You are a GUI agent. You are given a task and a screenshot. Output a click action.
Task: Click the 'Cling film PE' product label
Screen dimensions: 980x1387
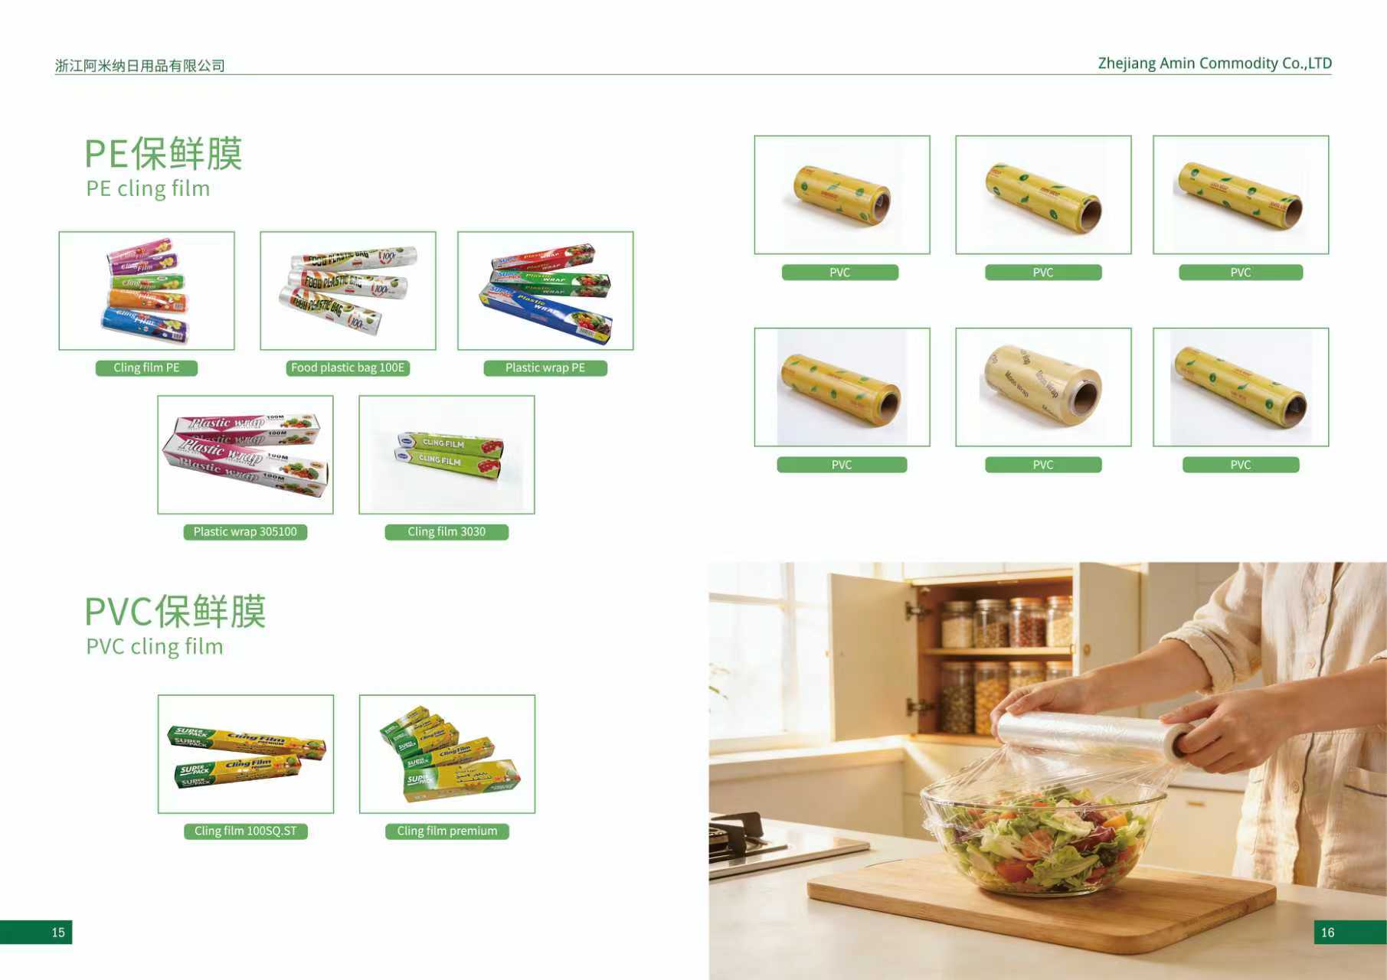click(146, 368)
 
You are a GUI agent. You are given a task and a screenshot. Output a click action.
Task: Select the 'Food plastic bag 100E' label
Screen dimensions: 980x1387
click(348, 368)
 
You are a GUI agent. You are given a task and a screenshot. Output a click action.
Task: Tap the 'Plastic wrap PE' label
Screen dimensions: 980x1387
click(545, 368)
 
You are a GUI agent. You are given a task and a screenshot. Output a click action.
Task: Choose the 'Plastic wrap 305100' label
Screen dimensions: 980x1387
click(245, 532)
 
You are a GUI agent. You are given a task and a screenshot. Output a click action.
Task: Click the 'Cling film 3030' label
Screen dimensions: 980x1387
click(447, 532)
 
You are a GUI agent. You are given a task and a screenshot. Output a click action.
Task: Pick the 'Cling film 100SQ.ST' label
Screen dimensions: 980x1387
click(245, 831)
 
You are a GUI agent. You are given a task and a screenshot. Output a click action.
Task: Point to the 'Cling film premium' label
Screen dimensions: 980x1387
click(447, 831)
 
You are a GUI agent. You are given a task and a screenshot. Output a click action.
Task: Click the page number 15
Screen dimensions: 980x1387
click(58, 933)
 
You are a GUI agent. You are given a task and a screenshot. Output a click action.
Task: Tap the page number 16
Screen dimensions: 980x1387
click(1327, 933)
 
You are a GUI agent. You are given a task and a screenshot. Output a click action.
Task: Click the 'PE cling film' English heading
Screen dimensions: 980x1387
click(148, 189)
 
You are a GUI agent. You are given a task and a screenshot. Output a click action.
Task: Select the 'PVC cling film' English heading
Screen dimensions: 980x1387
click(155, 647)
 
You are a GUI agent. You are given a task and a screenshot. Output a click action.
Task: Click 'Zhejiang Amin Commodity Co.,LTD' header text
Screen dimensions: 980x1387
click(1215, 64)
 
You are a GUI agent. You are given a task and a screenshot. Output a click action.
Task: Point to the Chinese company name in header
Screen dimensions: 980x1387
click(140, 66)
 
